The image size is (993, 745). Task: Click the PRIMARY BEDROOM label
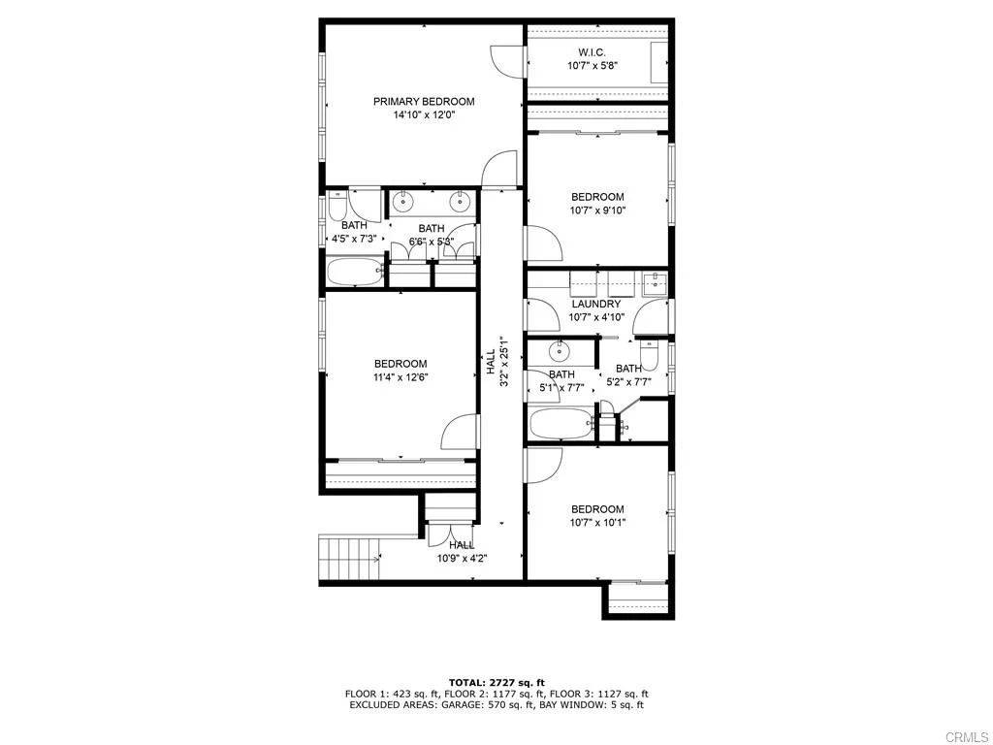[x=424, y=101]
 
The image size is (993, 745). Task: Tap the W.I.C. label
[x=593, y=52]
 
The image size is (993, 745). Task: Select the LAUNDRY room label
[x=595, y=304]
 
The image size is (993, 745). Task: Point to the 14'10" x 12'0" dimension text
[x=424, y=114]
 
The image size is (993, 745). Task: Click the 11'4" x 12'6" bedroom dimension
[x=400, y=377]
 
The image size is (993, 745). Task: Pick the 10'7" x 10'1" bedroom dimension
[x=597, y=523]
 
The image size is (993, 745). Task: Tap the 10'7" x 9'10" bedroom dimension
[x=597, y=210]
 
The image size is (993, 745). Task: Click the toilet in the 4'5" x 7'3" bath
[x=336, y=207]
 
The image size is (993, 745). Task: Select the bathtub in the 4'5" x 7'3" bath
[x=354, y=272]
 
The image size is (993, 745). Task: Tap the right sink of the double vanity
[x=460, y=202]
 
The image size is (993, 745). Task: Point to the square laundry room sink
[x=656, y=283]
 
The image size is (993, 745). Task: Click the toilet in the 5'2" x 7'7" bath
[x=652, y=355]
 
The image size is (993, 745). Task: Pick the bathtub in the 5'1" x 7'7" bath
[x=561, y=424]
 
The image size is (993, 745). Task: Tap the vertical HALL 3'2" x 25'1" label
[x=496, y=362]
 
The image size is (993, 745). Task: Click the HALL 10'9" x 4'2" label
[x=461, y=551]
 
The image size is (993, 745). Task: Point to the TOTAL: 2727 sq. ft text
[x=496, y=682]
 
